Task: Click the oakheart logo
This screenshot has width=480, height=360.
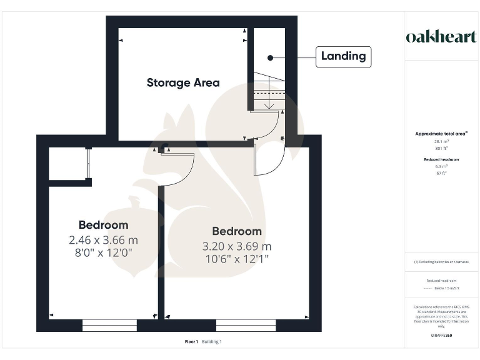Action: point(441,37)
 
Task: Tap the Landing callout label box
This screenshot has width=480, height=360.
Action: point(343,56)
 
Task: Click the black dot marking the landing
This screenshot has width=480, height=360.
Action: point(271,57)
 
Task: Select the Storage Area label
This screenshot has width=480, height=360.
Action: point(183,82)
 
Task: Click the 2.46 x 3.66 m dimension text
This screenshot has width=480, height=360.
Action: point(104,239)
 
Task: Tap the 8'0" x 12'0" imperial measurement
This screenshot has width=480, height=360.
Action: point(104,252)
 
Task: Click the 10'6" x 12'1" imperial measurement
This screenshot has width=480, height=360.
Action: point(237,259)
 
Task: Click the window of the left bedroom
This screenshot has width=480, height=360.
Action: point(109,325)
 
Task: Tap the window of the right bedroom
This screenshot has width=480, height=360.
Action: point(246,325)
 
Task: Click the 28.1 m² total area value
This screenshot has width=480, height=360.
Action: point(442,142)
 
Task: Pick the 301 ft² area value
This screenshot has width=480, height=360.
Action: point(442,149)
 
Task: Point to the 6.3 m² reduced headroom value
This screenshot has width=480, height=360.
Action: point(442,167)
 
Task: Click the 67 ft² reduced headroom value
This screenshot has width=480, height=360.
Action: point(442,174)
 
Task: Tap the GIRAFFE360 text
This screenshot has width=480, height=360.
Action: point(441,336)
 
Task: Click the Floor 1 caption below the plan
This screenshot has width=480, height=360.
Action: point(191,342)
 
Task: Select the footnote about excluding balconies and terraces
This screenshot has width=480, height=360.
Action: point(441,262)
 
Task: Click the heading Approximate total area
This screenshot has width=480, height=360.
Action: point(441,134)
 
